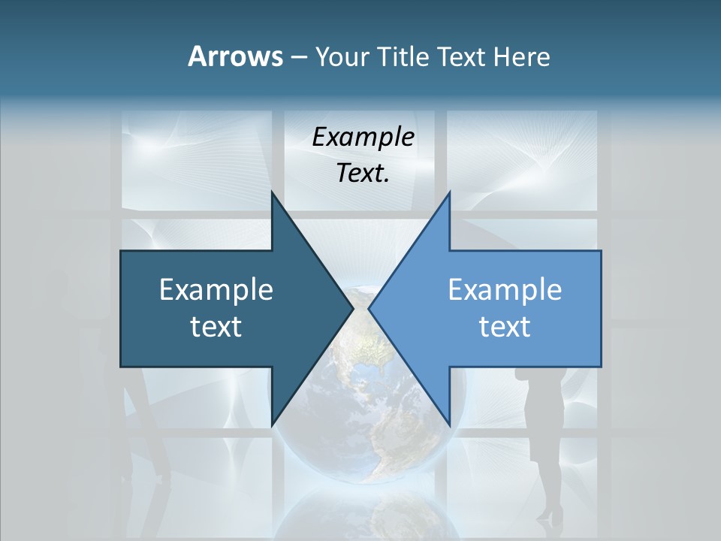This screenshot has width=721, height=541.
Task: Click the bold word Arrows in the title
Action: click(x=235, y=56)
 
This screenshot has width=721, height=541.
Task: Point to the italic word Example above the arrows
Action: click(x=364, y=138)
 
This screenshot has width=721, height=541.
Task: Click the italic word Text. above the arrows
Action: click(x=364, y=174)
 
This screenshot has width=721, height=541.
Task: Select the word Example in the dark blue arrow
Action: click(x=216, y=290)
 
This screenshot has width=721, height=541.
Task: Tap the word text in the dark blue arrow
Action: click(x=216, y=326)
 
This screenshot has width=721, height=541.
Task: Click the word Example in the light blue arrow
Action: click(x=505, y=290)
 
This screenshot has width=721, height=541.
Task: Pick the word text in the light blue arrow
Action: click(x=505, y=326)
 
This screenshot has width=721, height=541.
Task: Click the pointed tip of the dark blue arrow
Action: click(x=351, y=308)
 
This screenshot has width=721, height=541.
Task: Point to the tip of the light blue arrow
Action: click(x=370, y=308)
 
